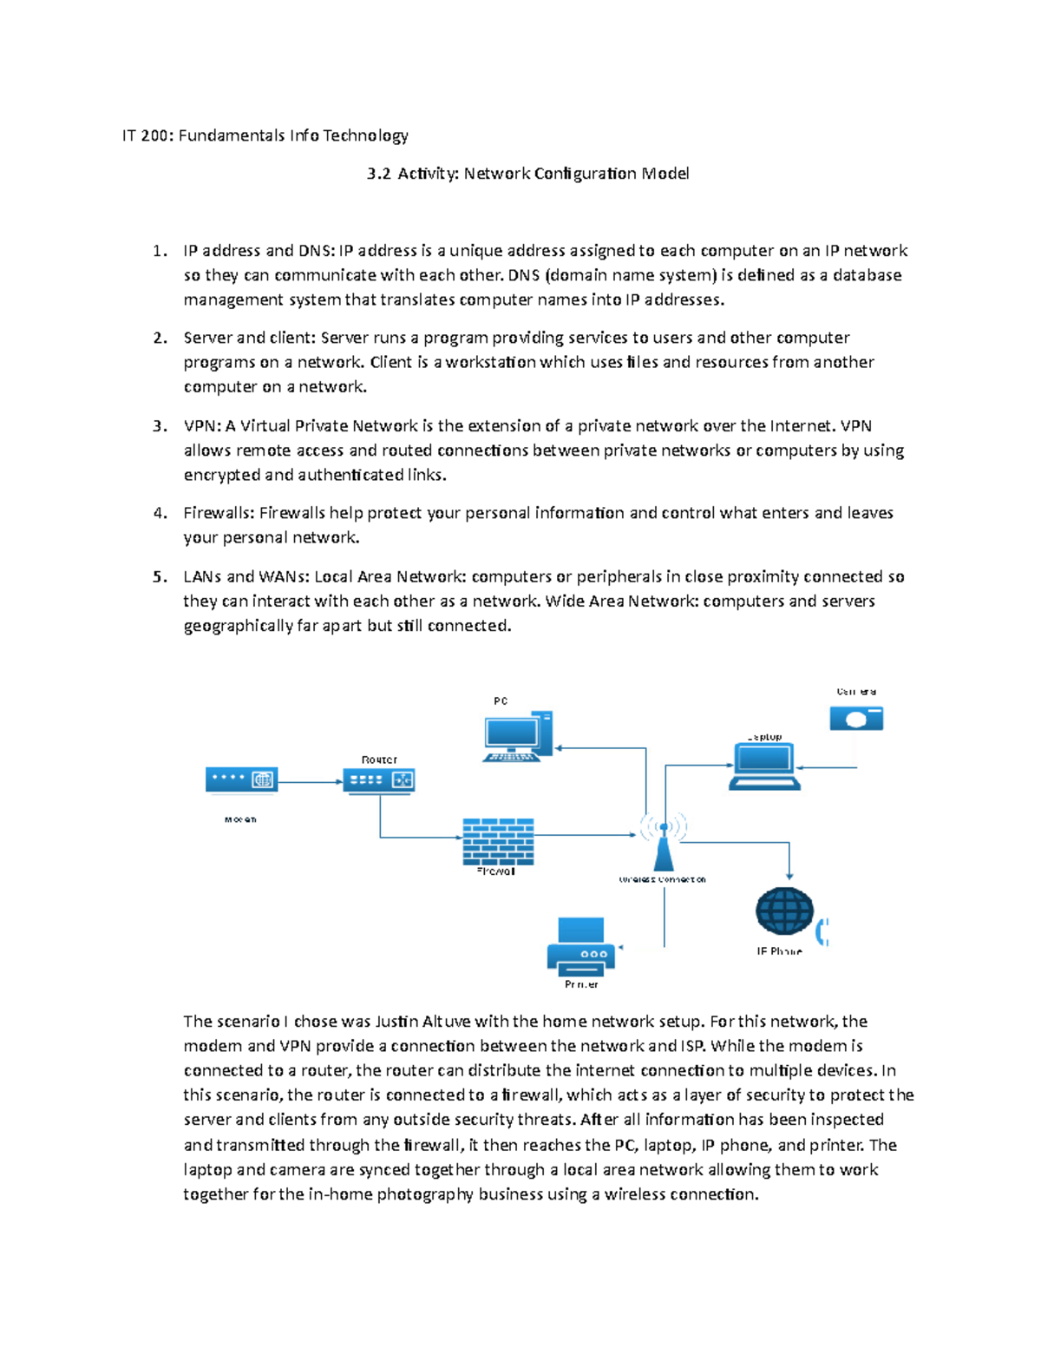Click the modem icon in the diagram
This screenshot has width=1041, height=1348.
pyautogui.click(x=241, y=780)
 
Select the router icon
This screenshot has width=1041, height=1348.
pyautogui.click(x=379, y=780)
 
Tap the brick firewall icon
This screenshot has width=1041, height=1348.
pyautogui.click(x=498, y=841)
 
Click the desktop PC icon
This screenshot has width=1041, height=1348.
pyautogui.click(x=517, y=737)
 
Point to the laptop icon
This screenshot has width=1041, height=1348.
pyautogui.click(x=763, y=766)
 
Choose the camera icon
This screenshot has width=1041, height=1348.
pyautogui.click(x=855, y=719)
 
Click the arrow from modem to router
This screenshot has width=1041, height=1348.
pyautogui.click(x=311, y=782)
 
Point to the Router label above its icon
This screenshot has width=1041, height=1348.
pyautogui.click(x=379, y=759)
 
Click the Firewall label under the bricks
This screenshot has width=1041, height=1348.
pyautogui.click(x=496, y=871)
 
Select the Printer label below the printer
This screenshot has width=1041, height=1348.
pyautogui.click(x=581, y=984)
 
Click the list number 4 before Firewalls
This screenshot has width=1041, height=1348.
pyautogui.click(x=159, y=513)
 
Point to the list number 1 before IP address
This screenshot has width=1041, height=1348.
pyautogui.click(x=159, y=251)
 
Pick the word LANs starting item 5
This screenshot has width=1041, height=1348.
pyautogui.click(x=202, y=576)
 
